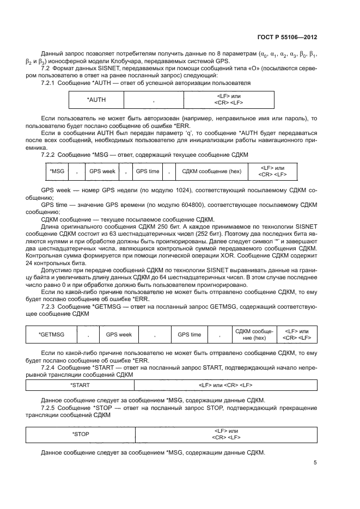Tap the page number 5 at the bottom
(315, 463)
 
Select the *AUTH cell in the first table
(96, 100)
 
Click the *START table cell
(80, 385)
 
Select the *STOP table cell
(80, 434)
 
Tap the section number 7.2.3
(50, 308)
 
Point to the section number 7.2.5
(50, 408)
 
